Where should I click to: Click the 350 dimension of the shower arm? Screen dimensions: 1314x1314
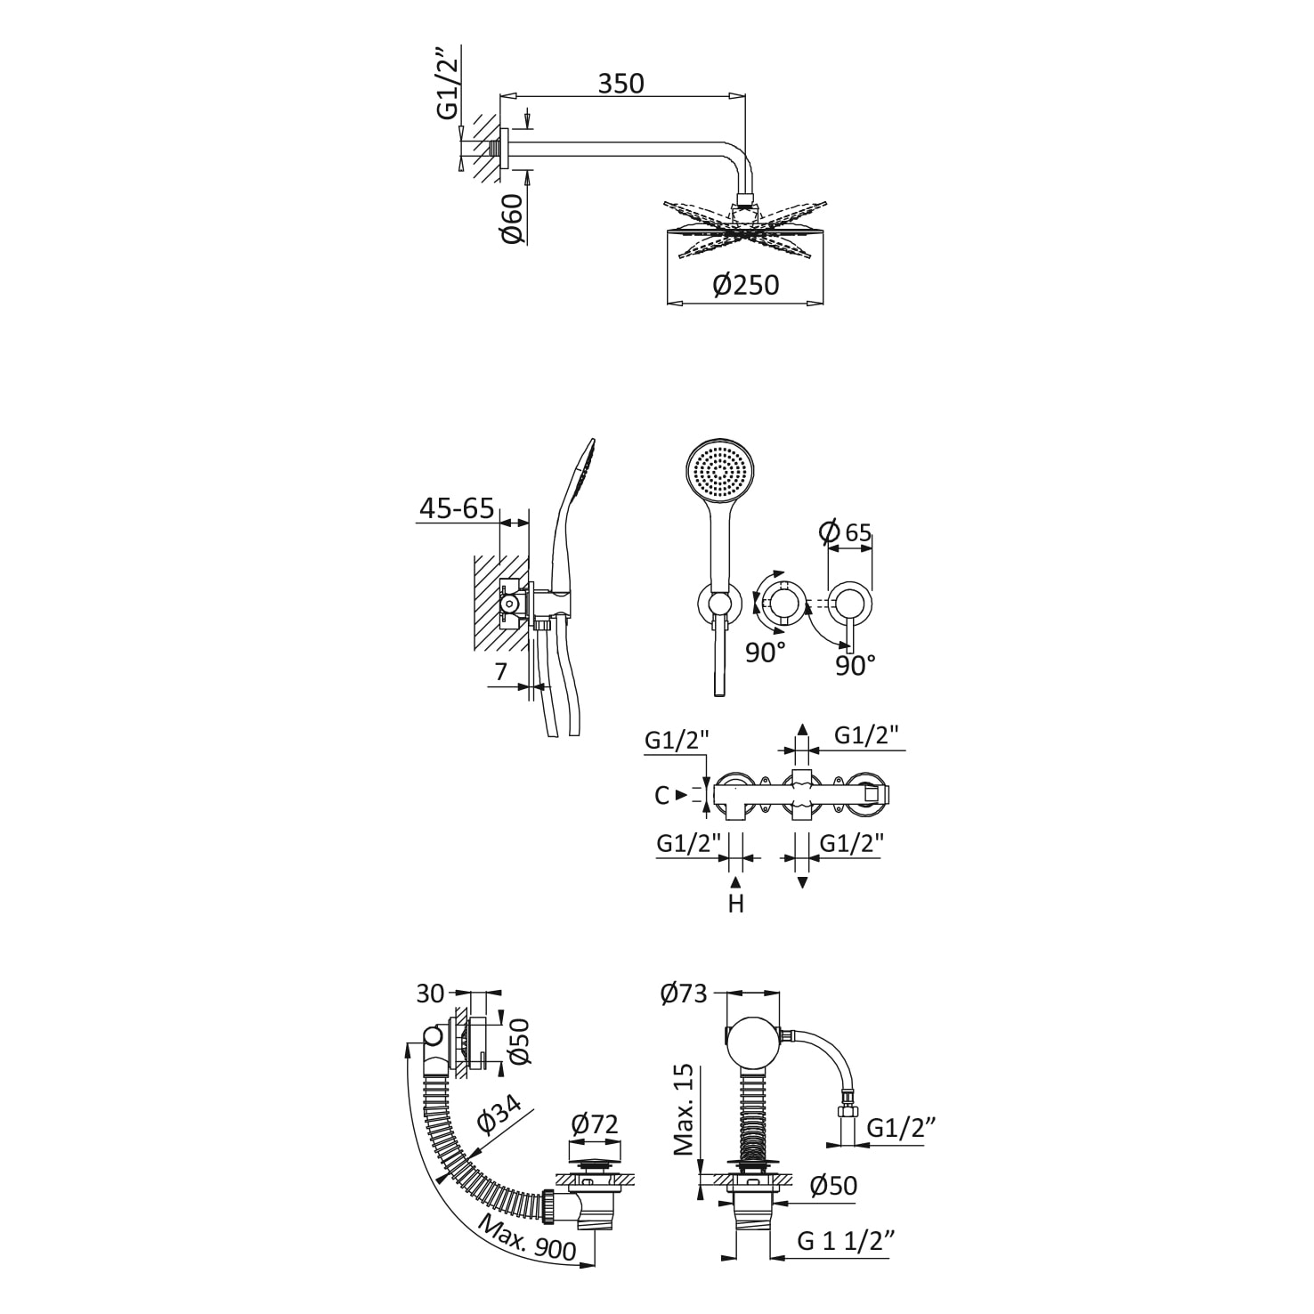click(620, 83)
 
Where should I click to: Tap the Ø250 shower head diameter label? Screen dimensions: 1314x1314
click(745, 285)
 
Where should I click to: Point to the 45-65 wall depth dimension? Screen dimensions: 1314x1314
click(457, 508)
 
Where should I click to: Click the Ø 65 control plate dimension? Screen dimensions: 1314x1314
click(845, 531)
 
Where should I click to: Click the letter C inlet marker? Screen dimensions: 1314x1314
click(661, 795)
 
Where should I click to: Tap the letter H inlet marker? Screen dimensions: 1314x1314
click(735, 904)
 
